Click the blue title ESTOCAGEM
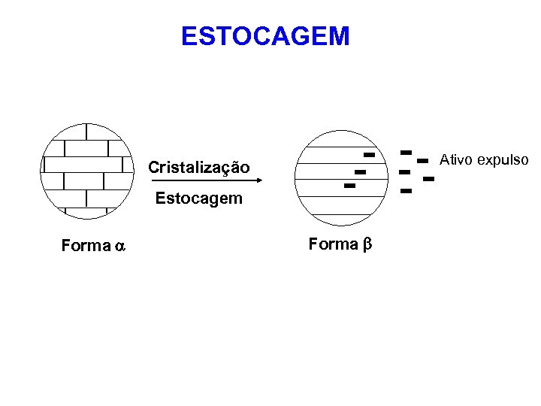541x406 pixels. [x=265, y=35]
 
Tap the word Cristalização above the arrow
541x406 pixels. [x=199, y=167]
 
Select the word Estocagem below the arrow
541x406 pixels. [x=199, y=198]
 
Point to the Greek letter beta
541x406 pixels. [x=367, y=244]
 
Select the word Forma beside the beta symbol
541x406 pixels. [x=334, y=244]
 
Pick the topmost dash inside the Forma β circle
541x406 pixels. [x=369, y=154]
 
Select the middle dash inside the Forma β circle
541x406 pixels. [x=359, y=172]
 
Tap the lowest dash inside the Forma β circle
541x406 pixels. [x=349, y=185]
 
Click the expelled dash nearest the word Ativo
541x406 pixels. [x=422, y=160]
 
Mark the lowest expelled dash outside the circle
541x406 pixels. [x=407, y=191]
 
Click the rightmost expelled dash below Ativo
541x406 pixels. [x=429, y=179]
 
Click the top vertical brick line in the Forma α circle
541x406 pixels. [x=87, y=132]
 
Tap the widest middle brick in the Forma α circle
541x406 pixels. [x=83, y=165]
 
